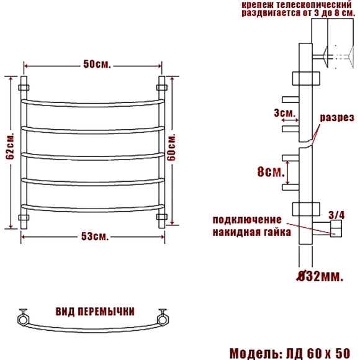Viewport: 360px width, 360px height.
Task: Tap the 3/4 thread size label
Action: click(336, 215)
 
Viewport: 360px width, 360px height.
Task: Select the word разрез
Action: click(337, 117)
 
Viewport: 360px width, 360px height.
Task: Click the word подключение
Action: click(248, 220)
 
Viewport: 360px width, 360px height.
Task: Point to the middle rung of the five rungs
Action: click(94, 153)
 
